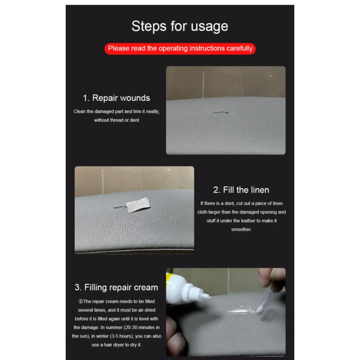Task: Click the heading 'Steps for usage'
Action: click(x=180, y=26)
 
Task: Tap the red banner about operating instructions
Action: click(x=180, y=49)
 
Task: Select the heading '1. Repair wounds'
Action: click(x=117, y=98)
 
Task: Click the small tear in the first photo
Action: click(x=220, y=113)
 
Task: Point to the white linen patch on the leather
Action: click(x=139, y=205)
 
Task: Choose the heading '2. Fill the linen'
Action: click(x=241, y=190)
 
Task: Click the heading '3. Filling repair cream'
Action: click(x=117, y=288)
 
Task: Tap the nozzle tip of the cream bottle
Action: click(x=210, y=297)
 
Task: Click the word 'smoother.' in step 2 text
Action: click(x=241, y=229)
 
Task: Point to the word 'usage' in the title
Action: click(x=209, y=27)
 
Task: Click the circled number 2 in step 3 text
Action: click(x=81, y=301)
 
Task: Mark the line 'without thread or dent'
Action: click(x=117, y=120)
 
